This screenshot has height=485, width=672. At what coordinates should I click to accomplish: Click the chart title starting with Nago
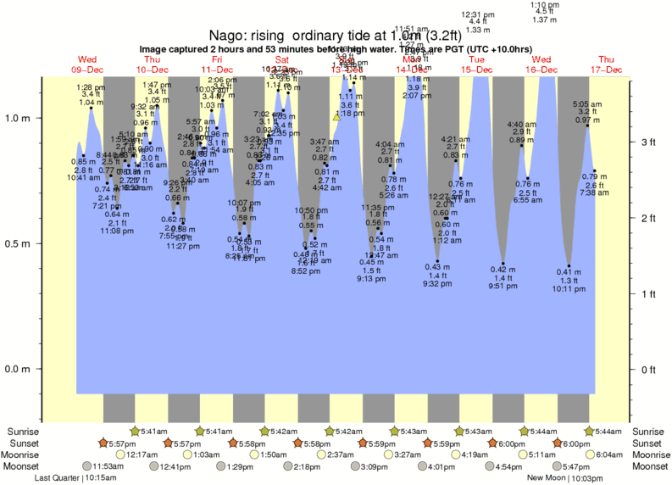336,35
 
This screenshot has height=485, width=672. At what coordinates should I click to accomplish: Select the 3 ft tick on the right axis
647,142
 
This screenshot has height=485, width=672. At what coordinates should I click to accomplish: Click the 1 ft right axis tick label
647,293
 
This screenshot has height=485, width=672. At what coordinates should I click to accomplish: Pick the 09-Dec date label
87,69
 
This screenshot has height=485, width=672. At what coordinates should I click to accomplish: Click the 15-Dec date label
476,69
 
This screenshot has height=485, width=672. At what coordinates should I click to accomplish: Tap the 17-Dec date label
606,69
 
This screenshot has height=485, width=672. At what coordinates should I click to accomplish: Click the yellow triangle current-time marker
336,117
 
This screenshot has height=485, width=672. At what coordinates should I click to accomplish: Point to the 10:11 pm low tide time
569,288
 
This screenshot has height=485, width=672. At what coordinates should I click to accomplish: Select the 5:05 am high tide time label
588,103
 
